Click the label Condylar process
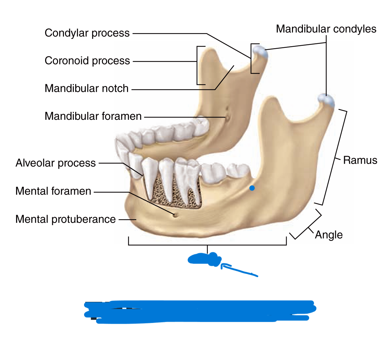point(87,33)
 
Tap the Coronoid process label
point(87,61)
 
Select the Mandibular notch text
point(86,88)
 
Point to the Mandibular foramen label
point(93,116)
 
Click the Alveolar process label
point(55,163)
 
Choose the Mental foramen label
point(53,191)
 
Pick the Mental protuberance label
point(65,219)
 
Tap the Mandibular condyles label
point(326,29)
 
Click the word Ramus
point(360,160)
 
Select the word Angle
point(329,235)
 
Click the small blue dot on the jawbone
point(252,188)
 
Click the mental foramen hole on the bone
point(175,215)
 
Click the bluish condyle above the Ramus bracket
point(326,100)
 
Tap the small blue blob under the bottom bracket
point(205,259)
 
